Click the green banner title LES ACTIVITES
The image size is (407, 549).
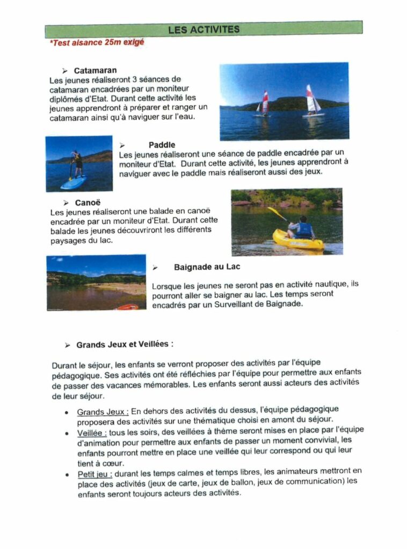tap(203, 29)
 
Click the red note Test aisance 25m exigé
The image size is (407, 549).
tap(97, 42)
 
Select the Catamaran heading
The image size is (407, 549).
tap(95, 70)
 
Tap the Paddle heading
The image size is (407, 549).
tap(162, 145)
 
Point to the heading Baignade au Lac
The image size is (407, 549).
tap(207, 267)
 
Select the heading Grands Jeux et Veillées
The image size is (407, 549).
tap(125, 344)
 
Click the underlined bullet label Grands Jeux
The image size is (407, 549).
tap(103, 412)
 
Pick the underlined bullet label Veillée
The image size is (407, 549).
tap(92, 433)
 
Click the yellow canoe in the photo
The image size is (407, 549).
tap(298, 240)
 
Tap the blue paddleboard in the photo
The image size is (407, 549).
tap(73, 182)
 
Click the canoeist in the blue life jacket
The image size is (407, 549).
tap(303, 228)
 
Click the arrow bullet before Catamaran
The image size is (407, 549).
tap(64, 71)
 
